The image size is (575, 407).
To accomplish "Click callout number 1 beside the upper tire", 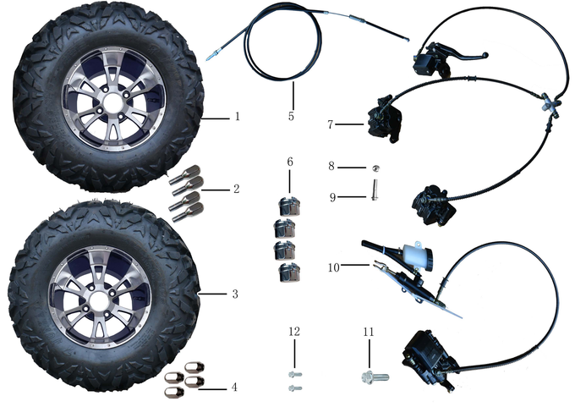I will click(237, 117).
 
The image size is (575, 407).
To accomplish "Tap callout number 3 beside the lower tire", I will click(235, 294).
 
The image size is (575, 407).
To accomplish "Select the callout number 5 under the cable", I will click(291, 116).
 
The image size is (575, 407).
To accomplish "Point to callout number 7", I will click(331, 124).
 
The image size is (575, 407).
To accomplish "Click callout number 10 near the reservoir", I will click(333, 267).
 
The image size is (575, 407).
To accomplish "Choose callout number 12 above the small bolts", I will click(293, 332).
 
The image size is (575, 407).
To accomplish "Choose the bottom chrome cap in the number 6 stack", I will click(289, 272).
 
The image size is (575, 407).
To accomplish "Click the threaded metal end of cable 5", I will click(211, 57).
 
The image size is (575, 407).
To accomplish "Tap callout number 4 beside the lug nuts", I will click(235, 387).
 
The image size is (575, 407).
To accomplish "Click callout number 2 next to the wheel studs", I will click(236, 190).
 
